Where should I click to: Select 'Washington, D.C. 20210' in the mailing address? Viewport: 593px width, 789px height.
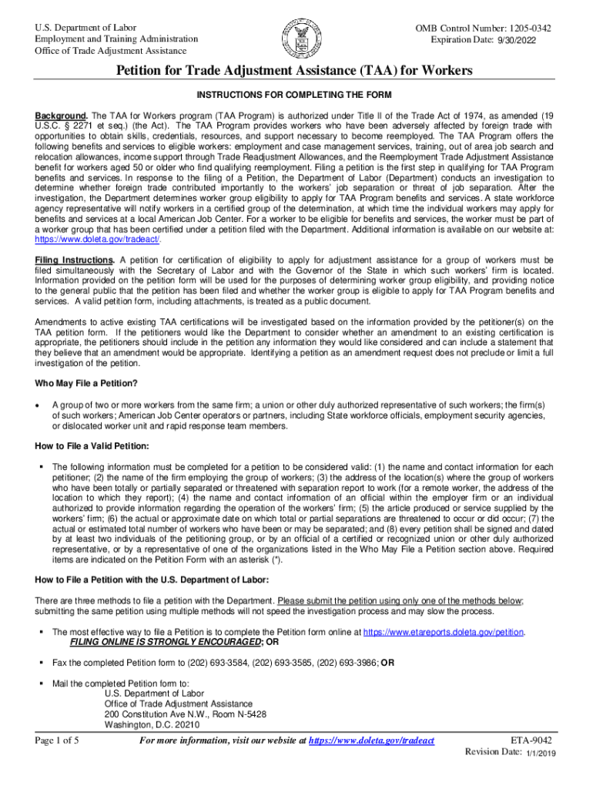[x=152, y=725]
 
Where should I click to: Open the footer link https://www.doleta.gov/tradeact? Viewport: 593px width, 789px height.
[x=371, y=741]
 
